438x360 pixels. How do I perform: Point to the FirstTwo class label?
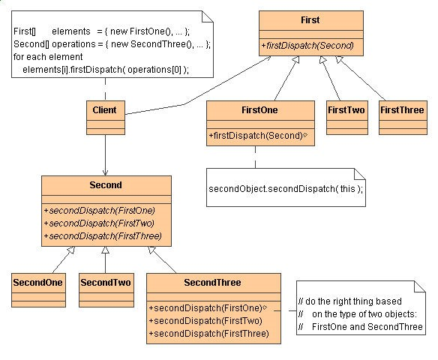click(x=346, y=109)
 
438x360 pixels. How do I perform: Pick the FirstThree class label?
click(x=401, y=109)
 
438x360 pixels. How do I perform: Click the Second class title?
click(x=106, y=184)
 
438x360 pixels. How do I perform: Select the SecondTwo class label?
click(x=106, y=283)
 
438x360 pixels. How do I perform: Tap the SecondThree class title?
click(x=212, y=283)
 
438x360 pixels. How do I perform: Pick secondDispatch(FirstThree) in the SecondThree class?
click(x=209, y=334)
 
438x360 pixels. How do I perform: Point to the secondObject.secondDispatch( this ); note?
click(x=286, y=188)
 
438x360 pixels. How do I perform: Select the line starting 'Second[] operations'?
click(x=112, y=44)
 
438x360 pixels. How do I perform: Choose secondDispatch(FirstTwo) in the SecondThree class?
click(x=206, y=321)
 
